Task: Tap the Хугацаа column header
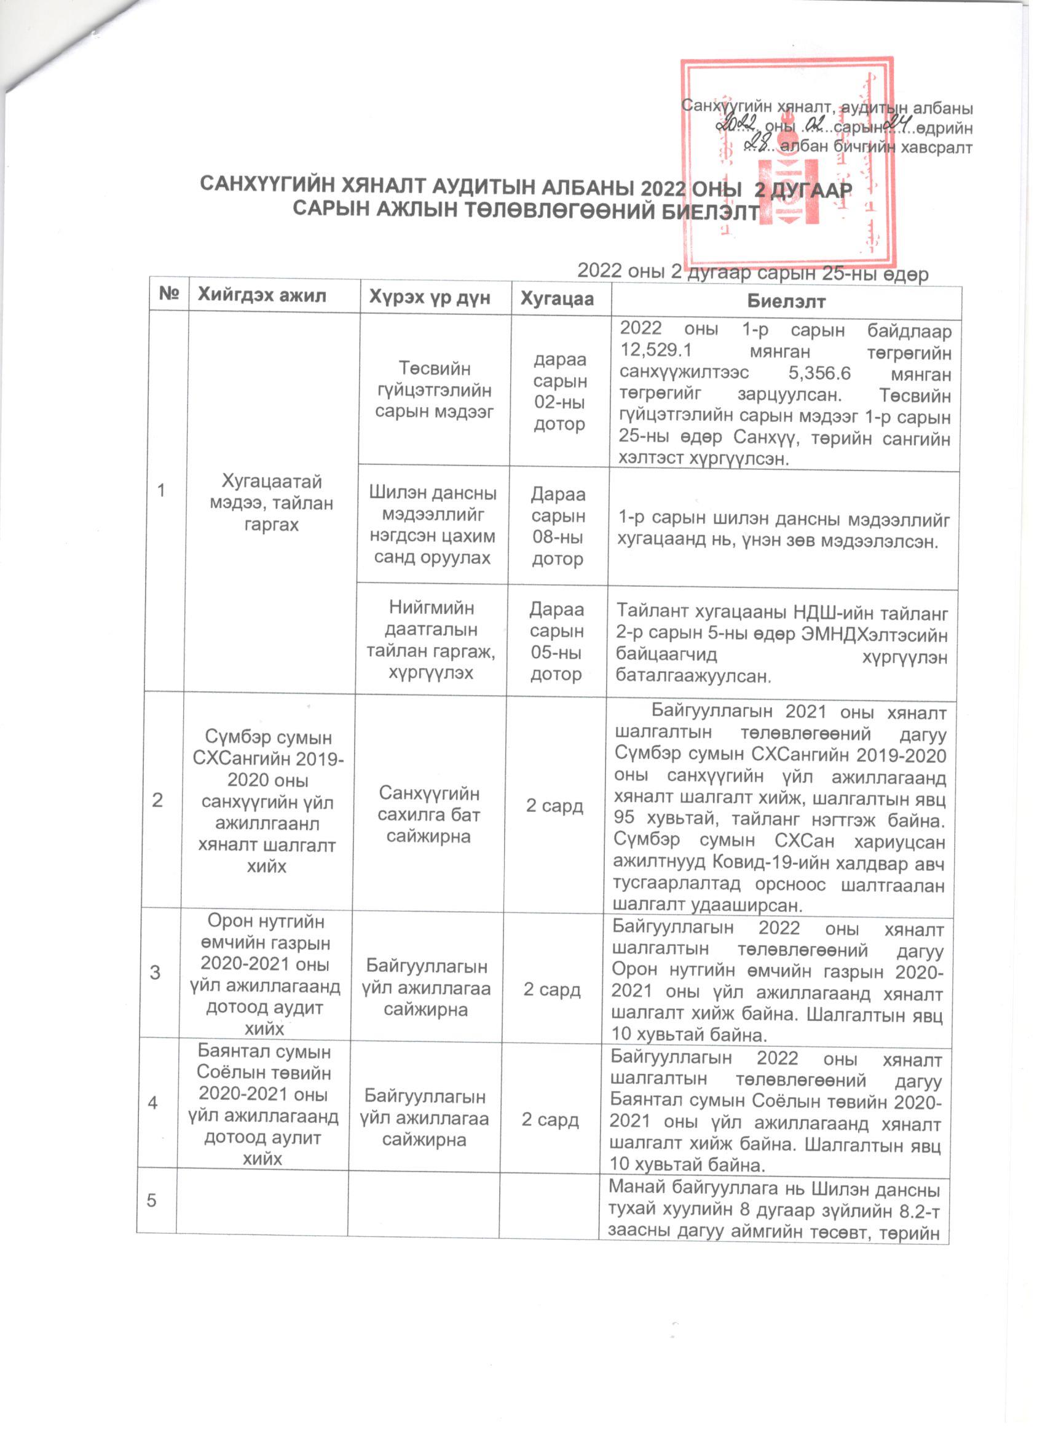coord(557,299)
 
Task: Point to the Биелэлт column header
coord(786,301)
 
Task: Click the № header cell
coord(168,293)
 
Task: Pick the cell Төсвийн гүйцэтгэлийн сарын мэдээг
coord(434,390)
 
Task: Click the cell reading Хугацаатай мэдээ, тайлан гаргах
coord(271,503)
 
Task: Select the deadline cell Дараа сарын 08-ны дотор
coord(558,526)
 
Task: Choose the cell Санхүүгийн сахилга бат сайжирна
coord(429,815)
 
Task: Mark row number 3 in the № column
coord(155,973)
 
